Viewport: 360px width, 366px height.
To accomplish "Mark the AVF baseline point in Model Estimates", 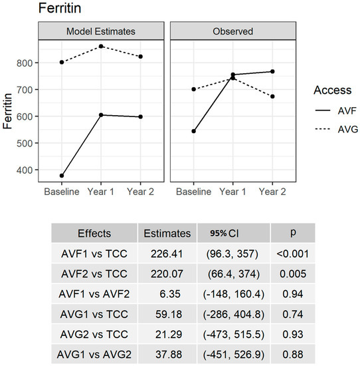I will tap(62, 176).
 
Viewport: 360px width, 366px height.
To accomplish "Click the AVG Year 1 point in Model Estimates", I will tap(101, 46).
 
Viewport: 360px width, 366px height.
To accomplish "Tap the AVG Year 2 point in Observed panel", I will tap(272, 96).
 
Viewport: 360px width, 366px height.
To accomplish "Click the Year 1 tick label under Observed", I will tap(232, 192).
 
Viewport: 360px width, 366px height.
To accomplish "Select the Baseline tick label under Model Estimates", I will tap(62, 192).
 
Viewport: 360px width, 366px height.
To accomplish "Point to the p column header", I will tap(292, 234).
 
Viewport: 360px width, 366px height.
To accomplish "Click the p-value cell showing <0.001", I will tap(292, 254).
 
